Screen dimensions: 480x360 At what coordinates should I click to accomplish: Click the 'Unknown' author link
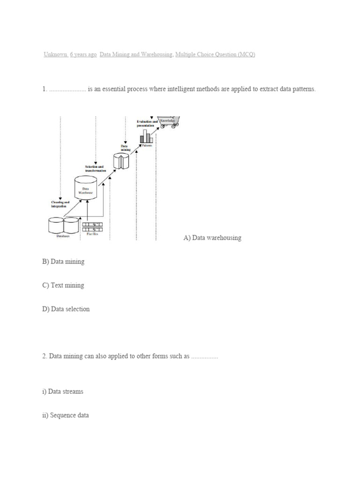55,55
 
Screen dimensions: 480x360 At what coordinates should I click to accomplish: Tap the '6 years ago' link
83,55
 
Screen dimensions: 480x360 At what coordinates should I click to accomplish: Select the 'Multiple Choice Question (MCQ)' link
215,55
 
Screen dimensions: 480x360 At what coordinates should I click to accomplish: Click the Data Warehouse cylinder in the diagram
86,188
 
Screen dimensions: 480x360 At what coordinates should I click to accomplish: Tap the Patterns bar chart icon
146,137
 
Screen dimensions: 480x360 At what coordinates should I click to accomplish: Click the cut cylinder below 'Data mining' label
121,161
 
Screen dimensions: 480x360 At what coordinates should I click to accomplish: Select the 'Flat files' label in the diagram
92,236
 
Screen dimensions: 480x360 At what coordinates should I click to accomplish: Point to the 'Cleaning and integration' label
60,204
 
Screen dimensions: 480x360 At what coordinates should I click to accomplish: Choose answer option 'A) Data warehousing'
212,238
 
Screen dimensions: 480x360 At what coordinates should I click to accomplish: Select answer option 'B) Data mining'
63,262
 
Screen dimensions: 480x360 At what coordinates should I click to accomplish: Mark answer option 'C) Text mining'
63,285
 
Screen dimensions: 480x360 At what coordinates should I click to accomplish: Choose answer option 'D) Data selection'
66,309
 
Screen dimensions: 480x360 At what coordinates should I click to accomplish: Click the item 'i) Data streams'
62,391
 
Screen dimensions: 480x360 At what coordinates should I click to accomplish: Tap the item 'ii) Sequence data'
65,415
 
